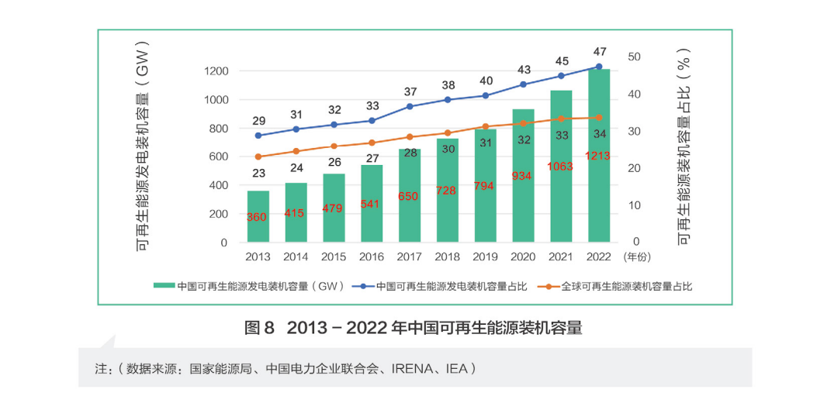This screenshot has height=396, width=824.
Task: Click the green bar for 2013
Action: pyautogui.click(x=258, y=217)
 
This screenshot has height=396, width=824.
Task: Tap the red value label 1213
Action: pyautogui.click(x=598, y=156)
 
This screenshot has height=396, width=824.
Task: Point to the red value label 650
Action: pyautogui.click(x=409, y=196)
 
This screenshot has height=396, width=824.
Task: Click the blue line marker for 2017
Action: pyautogui.click(x=410, y=106)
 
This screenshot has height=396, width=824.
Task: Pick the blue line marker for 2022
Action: pyautogui.click(x=598, y=67)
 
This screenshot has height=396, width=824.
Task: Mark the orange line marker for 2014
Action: pyautogui.click(x=296, y=151)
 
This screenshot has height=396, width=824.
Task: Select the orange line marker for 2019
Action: pyautogui.click(x=485, y=126)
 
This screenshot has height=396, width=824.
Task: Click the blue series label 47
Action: pyautogui.click(x=599, y=50)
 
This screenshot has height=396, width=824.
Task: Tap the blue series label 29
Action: pyautogui.click(x=258, y=121)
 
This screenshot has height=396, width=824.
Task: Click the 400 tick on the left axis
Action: pyautogui.click(x=218, y=185)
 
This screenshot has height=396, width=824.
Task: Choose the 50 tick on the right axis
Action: pyautogui.click(x=634, y=57)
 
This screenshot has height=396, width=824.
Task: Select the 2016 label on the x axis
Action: pyautogui.click(x=372, y=257)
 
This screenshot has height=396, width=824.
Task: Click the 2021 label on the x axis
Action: pyautogui.click(x=561, y=257)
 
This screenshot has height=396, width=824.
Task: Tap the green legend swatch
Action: pyautogui.click(x=164, y=286)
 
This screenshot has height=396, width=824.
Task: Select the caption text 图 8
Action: pyautogui.click(x=259, y=328)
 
